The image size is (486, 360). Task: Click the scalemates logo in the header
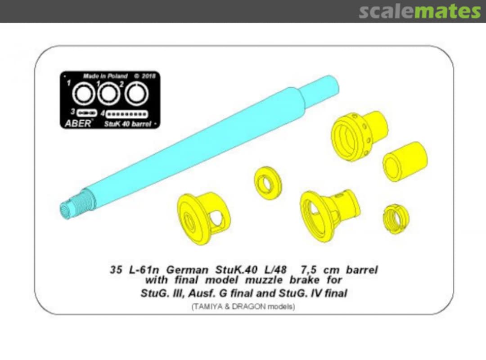coord(420,11)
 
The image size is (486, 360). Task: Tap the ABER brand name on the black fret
coord(78,123)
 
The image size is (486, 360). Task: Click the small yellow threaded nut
coord(396,219)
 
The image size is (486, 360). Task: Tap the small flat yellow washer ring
coord(268,183)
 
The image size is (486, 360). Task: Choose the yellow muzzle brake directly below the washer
coord(203,218)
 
